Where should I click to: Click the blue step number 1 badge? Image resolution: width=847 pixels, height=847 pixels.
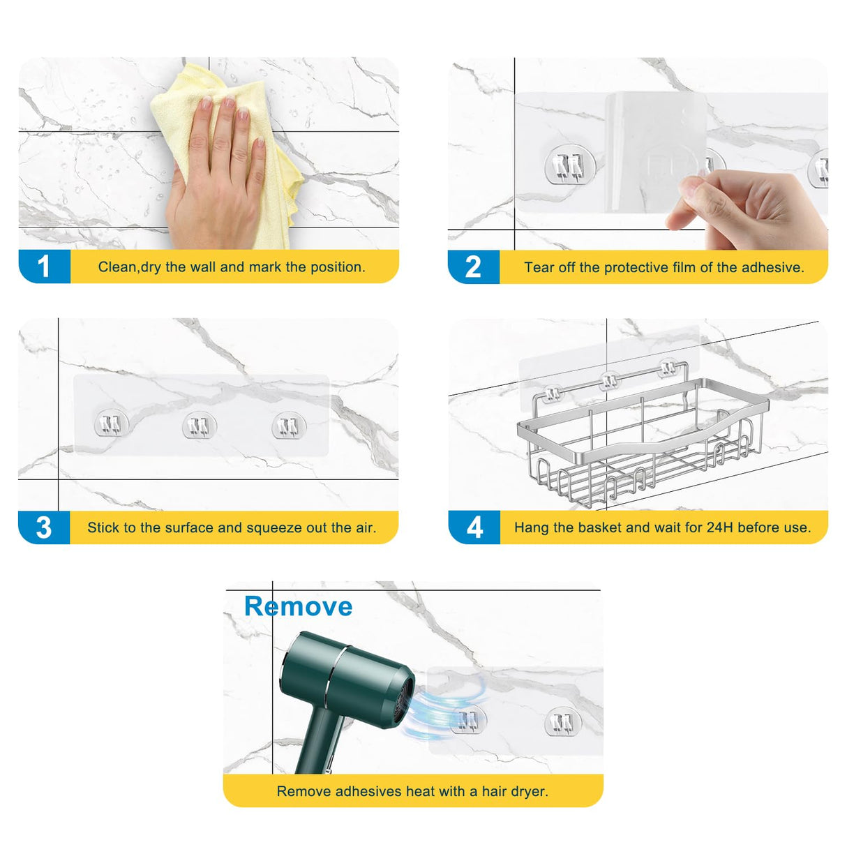(44, 267)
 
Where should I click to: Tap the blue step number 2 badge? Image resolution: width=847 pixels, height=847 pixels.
(473, 267)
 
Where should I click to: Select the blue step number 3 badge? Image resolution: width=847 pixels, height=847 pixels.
(44, 527)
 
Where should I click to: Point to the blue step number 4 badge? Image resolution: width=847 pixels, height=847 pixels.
(474, 527)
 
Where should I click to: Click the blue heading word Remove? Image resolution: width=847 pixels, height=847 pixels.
(298, 606)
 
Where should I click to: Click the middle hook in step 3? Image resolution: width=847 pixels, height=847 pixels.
(199, 426)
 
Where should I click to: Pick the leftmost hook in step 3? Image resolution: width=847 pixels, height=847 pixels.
(112, 423)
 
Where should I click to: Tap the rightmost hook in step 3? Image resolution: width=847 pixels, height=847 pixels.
(288, 426)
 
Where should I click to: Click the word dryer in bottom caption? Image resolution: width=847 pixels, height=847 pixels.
(529, 791)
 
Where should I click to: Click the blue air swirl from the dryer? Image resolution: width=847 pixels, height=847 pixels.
(440, 712)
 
